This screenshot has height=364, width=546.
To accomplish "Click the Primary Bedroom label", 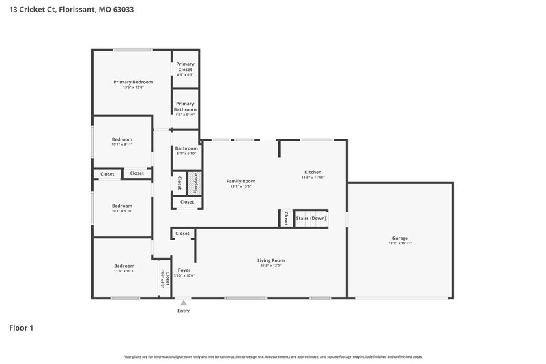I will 133,82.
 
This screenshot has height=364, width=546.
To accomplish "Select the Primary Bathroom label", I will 185,107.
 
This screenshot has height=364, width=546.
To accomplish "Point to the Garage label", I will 400,238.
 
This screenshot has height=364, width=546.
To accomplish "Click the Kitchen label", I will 313,172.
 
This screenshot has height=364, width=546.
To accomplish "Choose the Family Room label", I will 241,181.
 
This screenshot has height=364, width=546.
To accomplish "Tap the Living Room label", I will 271,260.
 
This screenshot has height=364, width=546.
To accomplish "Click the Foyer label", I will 184,270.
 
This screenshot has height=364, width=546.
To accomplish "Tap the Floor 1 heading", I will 21,328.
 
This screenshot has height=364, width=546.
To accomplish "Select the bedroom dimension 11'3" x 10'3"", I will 124,271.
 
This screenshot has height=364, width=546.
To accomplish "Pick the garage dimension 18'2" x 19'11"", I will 400,244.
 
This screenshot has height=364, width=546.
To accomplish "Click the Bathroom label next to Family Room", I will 186,148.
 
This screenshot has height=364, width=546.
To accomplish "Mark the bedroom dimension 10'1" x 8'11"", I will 122,145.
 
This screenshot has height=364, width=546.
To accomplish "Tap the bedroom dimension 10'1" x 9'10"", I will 122,211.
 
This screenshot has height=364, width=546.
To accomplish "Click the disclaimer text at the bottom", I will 273,356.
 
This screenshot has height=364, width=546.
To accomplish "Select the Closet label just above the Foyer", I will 182,234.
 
